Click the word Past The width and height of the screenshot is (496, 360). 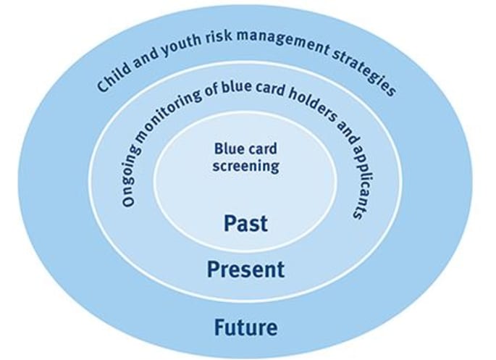tap(245, 223)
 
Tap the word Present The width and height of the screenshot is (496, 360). tap(245, 270)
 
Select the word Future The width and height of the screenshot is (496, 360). tap(245, 327)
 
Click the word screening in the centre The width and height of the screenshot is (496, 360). tap(245, 166)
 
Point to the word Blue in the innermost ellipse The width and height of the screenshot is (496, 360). tap(229, 149)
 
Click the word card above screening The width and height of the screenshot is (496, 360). tap(262, 149)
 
